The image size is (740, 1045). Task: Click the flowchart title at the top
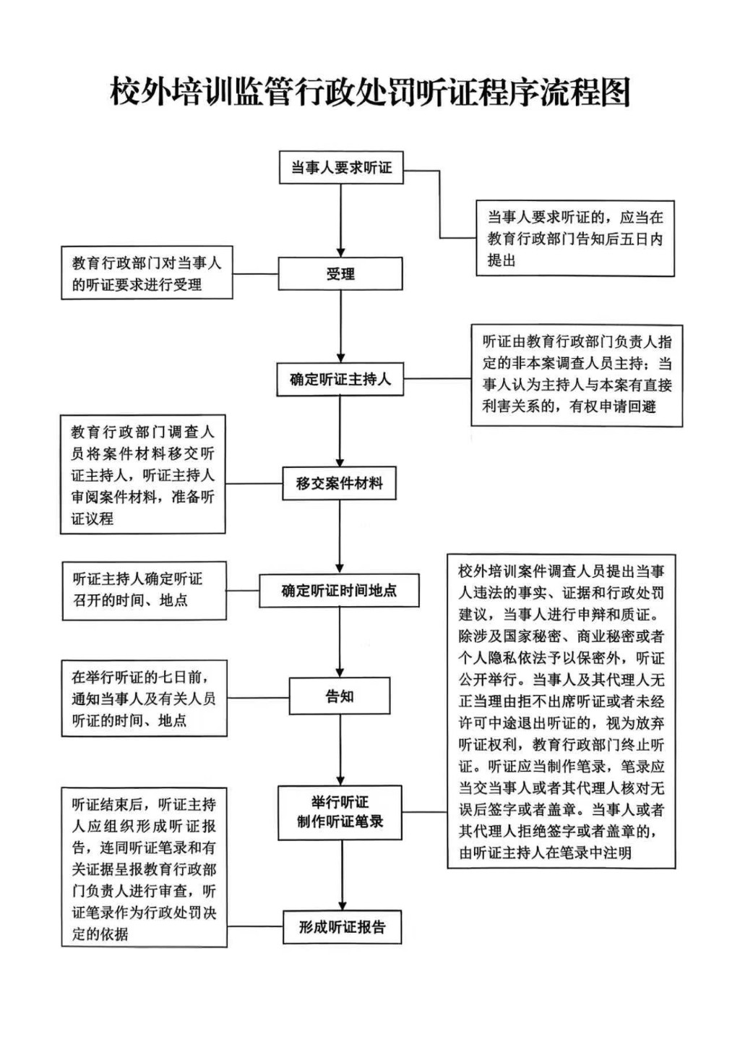pyautogui.click(x=370, y=93)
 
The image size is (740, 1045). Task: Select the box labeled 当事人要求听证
pyautogui.click(x=341, y=168)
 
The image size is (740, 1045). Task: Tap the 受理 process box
pyautogui.click(x=340, y=274)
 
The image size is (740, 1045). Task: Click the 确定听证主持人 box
pyautogui.click(x=340, y=379)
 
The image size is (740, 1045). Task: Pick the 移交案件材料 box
pyautogui.click(x=340, y=483)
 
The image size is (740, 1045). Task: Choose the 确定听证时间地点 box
pyautogui.click(x=340, y=591)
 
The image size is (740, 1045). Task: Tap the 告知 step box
pyautogui.click(x=340, y=696)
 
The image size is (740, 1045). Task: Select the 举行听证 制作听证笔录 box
pyautogui.click(x=340, y=812)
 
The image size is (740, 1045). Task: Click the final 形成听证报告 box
pyautogui.click(x=342, y=927)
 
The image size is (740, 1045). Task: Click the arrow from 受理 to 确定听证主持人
pyautogui.click(x=340, y=326)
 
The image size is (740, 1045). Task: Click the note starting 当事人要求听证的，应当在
pyautogui.click(x=575, y=239)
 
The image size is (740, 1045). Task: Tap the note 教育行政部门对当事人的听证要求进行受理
pyautogui.click(x=147, y=273)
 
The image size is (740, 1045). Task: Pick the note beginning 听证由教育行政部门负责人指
pyautogui.click(x=577, y=375)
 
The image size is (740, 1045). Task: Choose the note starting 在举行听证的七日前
pyautogui.click(x=144, y=699)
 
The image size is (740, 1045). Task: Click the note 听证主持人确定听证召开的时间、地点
pyautogui.click(x=144, y=590)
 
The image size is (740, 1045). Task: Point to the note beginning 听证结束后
pyautogui.click(x=144, y=868)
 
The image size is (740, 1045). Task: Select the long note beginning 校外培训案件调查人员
pyautogui.click(x=562, y=712)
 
